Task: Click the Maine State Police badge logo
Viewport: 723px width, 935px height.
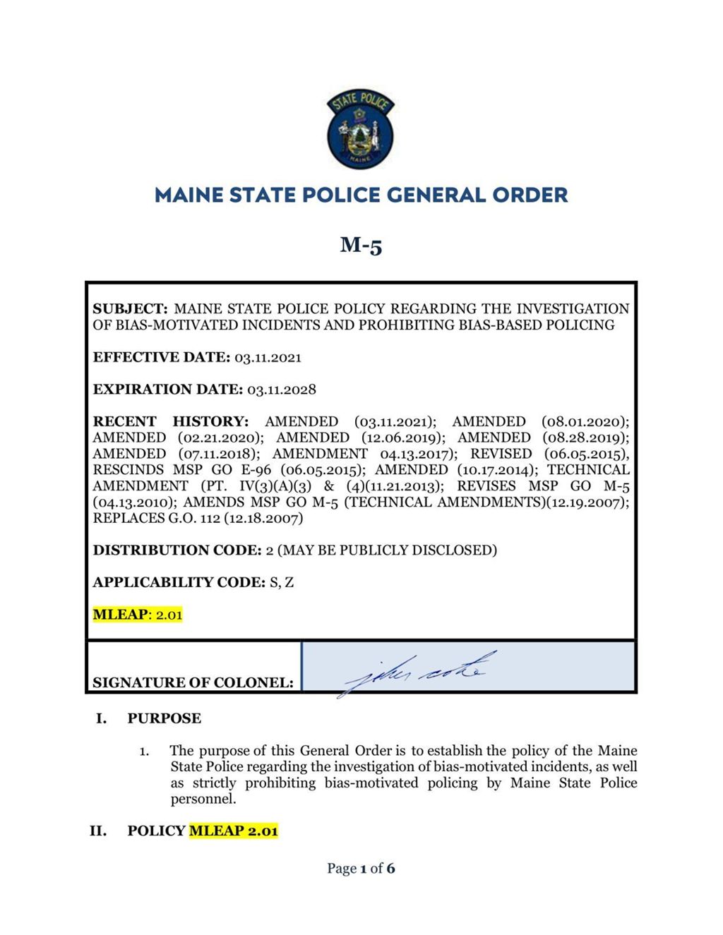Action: pyautogui.click(x=361, y=130)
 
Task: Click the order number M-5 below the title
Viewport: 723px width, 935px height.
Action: pyautogui.click(x=361, y=245)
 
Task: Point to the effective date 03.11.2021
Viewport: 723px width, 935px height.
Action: pyautogui.click(x=268, y=357)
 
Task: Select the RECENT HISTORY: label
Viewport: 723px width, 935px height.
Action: pyautogui.click(x=171, y=421)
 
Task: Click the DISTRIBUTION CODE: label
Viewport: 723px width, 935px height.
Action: pyautogui.click(x=177, y=550)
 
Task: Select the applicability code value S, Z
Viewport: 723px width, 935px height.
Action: pyautogui.click(x=282, y=582)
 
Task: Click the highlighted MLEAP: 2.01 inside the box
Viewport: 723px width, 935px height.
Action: pyautogui.click(x=138, y=615)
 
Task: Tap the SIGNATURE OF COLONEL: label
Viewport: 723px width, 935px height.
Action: pyautogui.click(x=193, y=682)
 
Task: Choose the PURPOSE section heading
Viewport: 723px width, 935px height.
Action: pyautogui.click(x=164, y=718)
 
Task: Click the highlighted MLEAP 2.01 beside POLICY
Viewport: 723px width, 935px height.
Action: pyautogui.click(x=233, y=831)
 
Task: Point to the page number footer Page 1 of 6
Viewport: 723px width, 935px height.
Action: pyautogui.click(x=361, y=868)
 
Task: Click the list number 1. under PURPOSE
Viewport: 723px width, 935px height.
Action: pyautogui.click(x=144, y=752)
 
